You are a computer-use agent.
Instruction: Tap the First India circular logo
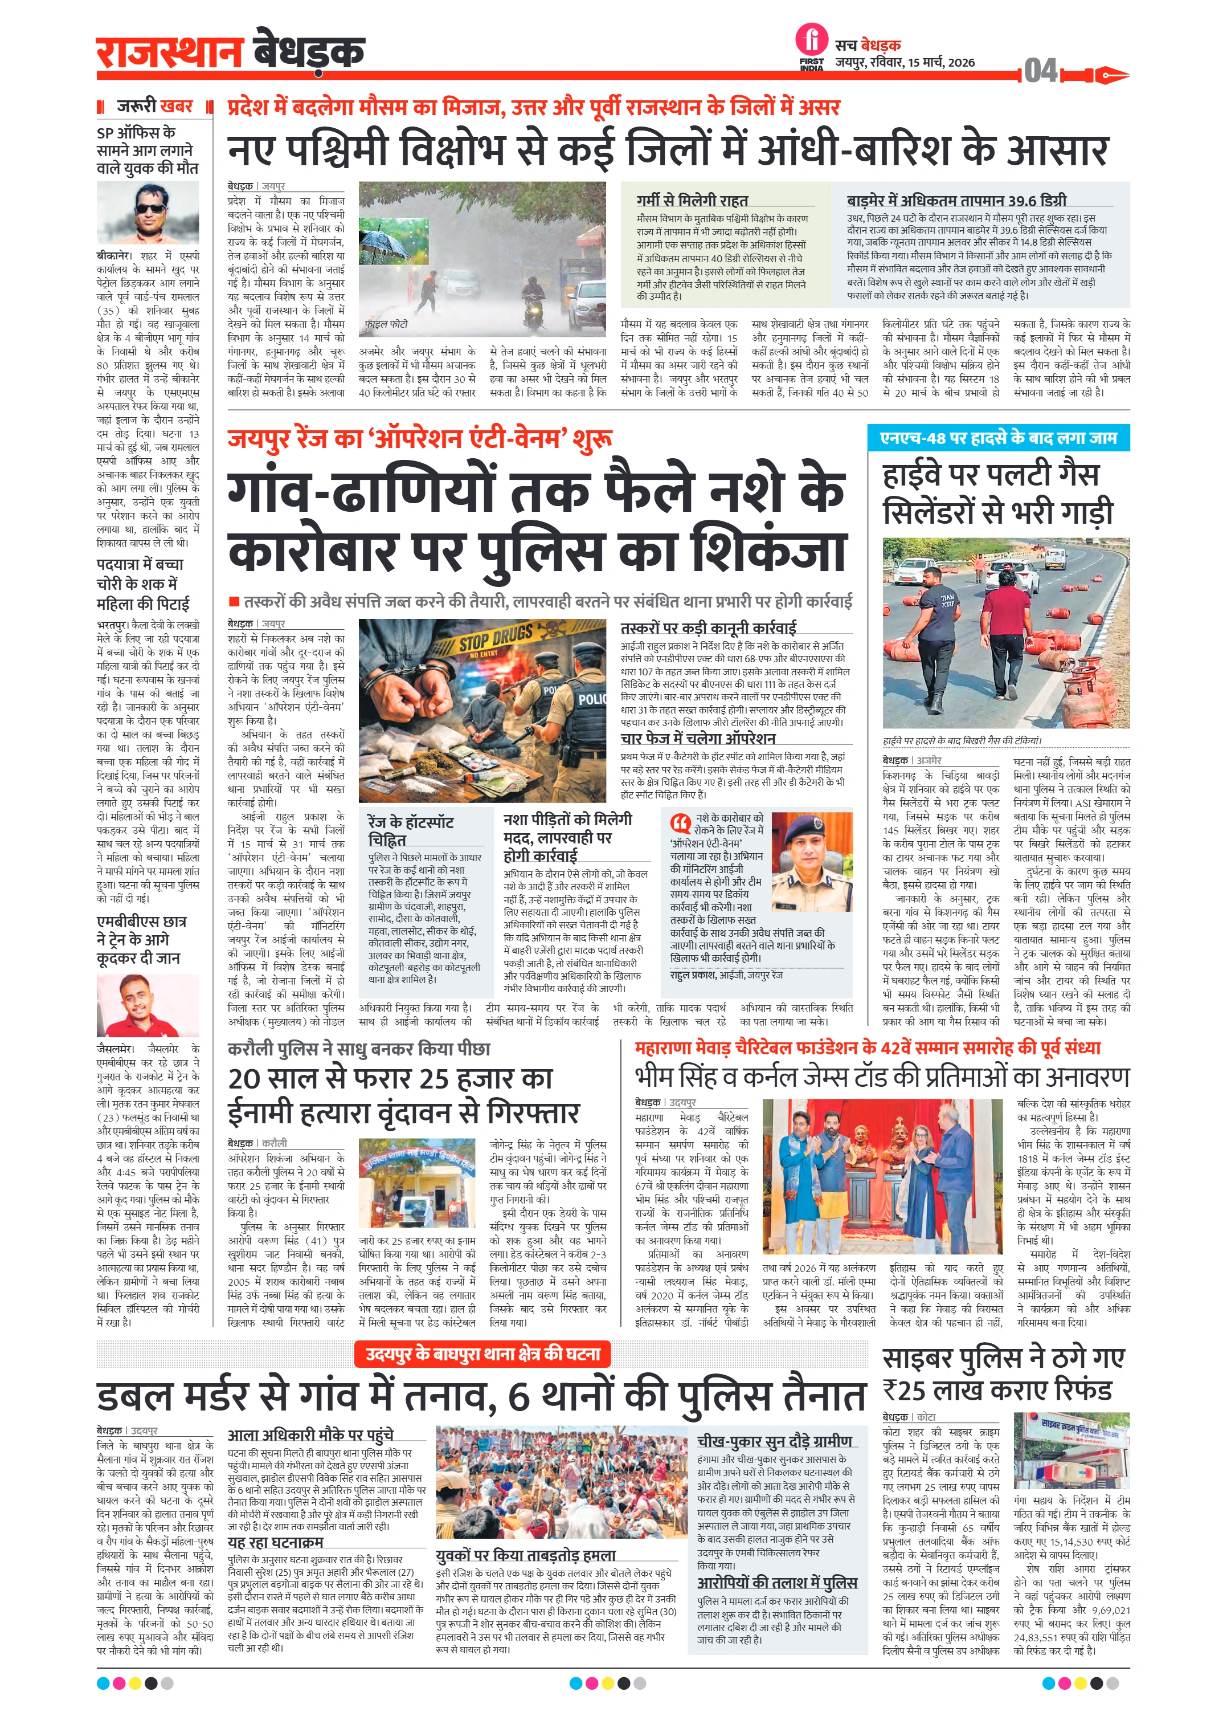pyautogui.click(x=811, y=41)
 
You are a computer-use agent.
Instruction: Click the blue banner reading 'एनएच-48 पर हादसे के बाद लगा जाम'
pyautogui.click(x=999, y=438)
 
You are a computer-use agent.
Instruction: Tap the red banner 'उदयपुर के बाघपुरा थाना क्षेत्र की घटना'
pyautogui.click(x=483, y=1354)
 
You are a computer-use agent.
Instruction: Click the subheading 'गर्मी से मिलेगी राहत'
pyautogui.click(x=692, y=200)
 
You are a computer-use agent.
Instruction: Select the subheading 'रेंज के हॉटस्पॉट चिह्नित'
pyautogui.click(x=411, y=830)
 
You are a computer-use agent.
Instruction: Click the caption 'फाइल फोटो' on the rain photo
pyautogui.click(x=386, y=324)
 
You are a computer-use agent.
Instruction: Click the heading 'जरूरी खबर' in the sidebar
pyautogui.click(x=155, y=107)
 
